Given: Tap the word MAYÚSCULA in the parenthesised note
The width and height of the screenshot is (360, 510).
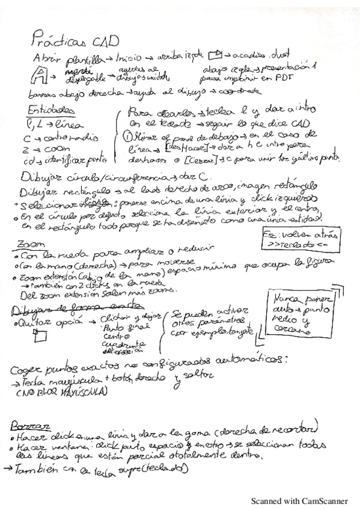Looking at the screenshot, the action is point(81,393).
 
